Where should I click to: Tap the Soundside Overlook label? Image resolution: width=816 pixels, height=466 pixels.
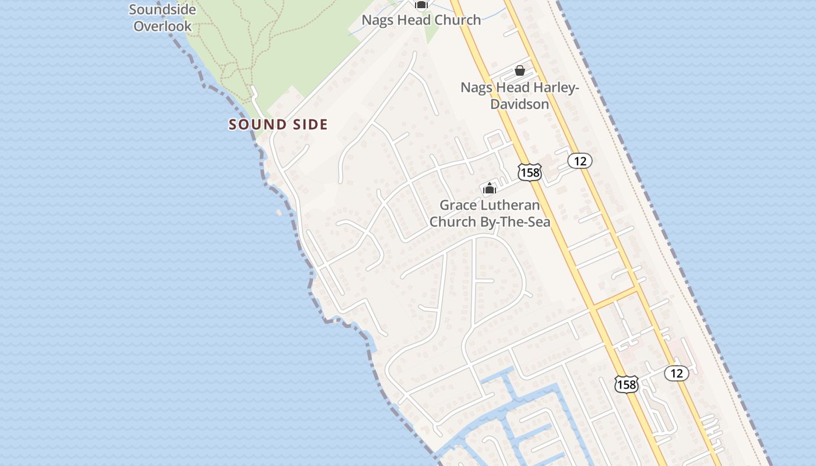162,17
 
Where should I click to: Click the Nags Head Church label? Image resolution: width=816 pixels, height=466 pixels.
421,20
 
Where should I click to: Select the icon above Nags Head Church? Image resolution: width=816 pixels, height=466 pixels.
421,5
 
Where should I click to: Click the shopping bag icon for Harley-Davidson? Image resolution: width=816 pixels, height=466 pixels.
519,70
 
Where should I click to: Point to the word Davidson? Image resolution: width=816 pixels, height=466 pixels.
519,104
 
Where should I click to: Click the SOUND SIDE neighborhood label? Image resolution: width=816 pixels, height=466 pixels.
278,124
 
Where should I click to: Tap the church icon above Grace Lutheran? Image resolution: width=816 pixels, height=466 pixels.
489,188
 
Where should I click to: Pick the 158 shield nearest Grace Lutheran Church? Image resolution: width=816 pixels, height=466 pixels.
529,172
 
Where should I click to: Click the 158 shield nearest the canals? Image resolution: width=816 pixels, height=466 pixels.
626,384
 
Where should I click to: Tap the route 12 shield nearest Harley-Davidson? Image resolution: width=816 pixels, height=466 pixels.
579,161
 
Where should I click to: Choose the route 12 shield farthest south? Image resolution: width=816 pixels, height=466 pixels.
676,373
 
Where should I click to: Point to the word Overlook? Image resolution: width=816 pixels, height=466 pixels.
162,26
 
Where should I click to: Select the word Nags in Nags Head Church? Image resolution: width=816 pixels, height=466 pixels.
377,20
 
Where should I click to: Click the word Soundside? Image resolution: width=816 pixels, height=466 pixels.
162,9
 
